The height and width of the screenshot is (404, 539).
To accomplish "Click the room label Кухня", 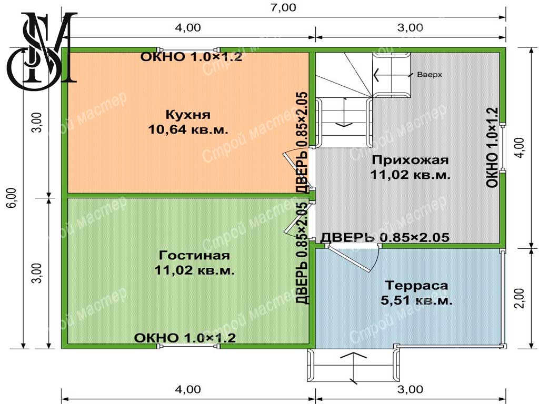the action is (x=188, y=115).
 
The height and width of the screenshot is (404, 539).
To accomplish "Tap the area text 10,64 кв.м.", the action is (x=188, y=129).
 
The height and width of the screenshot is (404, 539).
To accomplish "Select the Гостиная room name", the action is (x=194, y=255).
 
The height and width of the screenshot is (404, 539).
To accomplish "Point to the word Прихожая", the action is (x=410, y=160).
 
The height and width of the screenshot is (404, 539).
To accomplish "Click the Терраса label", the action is (x=416, y=286).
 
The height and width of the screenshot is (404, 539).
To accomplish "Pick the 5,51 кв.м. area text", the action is (x=416, y=300).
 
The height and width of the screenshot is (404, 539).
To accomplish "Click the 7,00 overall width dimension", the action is (x=283, y=7).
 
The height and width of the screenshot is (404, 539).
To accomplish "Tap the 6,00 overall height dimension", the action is (x=12, y=198).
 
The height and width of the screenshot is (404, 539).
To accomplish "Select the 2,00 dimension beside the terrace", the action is (x=521, y=298).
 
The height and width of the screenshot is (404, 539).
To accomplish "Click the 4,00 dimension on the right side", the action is (x=521, y=148).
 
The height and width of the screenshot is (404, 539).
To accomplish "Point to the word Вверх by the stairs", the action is (x=430, y=75).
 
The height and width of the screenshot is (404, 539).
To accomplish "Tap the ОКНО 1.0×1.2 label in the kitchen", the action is (x=191, y=57).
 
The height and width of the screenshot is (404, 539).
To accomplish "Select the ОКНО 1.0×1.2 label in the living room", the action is (x=185, y=338).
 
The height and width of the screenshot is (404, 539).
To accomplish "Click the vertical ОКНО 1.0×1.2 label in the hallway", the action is (x=492, y=148).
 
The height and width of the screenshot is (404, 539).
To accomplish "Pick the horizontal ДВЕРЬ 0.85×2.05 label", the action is (x=385, y=237).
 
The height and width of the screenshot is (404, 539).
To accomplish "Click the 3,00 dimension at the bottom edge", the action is (x=410, y=389).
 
